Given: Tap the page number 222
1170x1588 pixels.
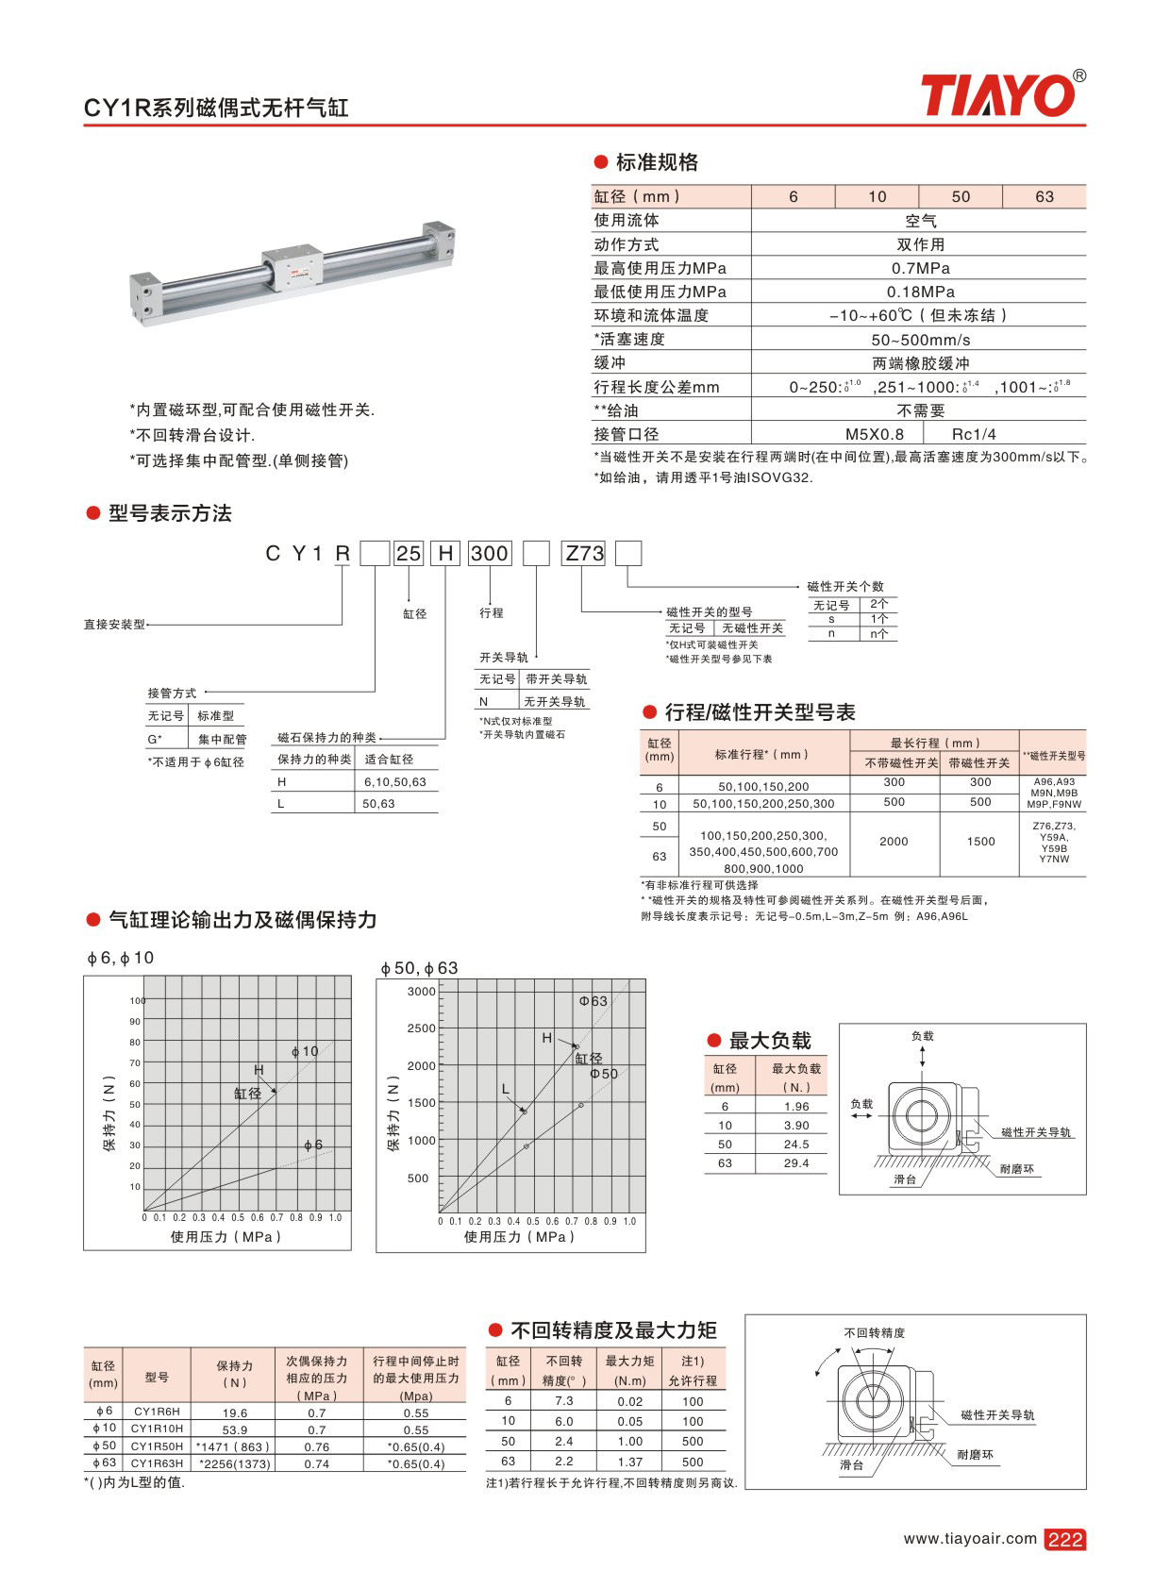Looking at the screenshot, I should (x=1064, y=1539).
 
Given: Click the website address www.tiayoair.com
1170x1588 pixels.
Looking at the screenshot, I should (x=969, y=1538).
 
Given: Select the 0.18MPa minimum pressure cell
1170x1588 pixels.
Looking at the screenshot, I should (x=920, y=292).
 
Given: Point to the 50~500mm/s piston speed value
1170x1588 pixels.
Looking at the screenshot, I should (x=920, y=340).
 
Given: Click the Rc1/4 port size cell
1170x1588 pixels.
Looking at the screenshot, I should (x=974, y=434).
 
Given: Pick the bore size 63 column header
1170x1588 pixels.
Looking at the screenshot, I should (x=1044, y=196).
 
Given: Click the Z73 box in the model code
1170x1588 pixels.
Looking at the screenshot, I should (x=584, y=553).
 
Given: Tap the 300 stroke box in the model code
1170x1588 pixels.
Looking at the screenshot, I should (x=490, y=553).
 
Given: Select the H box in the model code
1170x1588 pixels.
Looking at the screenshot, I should (x=445, y=553).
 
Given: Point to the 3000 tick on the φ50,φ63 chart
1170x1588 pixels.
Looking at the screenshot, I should (x=422, y=992).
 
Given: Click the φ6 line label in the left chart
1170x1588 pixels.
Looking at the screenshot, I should (x=313, y=1145).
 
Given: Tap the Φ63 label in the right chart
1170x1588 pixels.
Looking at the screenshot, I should (x=593, y=1000).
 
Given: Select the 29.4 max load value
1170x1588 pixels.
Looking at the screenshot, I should (x=795, y=1163).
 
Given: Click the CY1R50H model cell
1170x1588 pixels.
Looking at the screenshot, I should (x=157, y=1446).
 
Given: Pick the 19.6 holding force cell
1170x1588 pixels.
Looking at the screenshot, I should (x=235, y=1412).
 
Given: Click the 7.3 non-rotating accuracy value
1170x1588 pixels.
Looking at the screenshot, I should (x=564, y=1401).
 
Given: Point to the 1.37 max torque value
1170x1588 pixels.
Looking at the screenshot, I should (x=629, y=1462).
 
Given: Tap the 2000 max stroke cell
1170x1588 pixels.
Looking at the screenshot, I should (x=894, y=841).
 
